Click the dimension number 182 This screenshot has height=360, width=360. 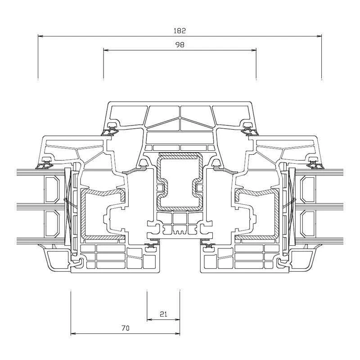[180, 31]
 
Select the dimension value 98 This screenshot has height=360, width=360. [180, 45]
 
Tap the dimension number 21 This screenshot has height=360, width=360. [163, 315]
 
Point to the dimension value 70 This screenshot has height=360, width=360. [125, 328]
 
